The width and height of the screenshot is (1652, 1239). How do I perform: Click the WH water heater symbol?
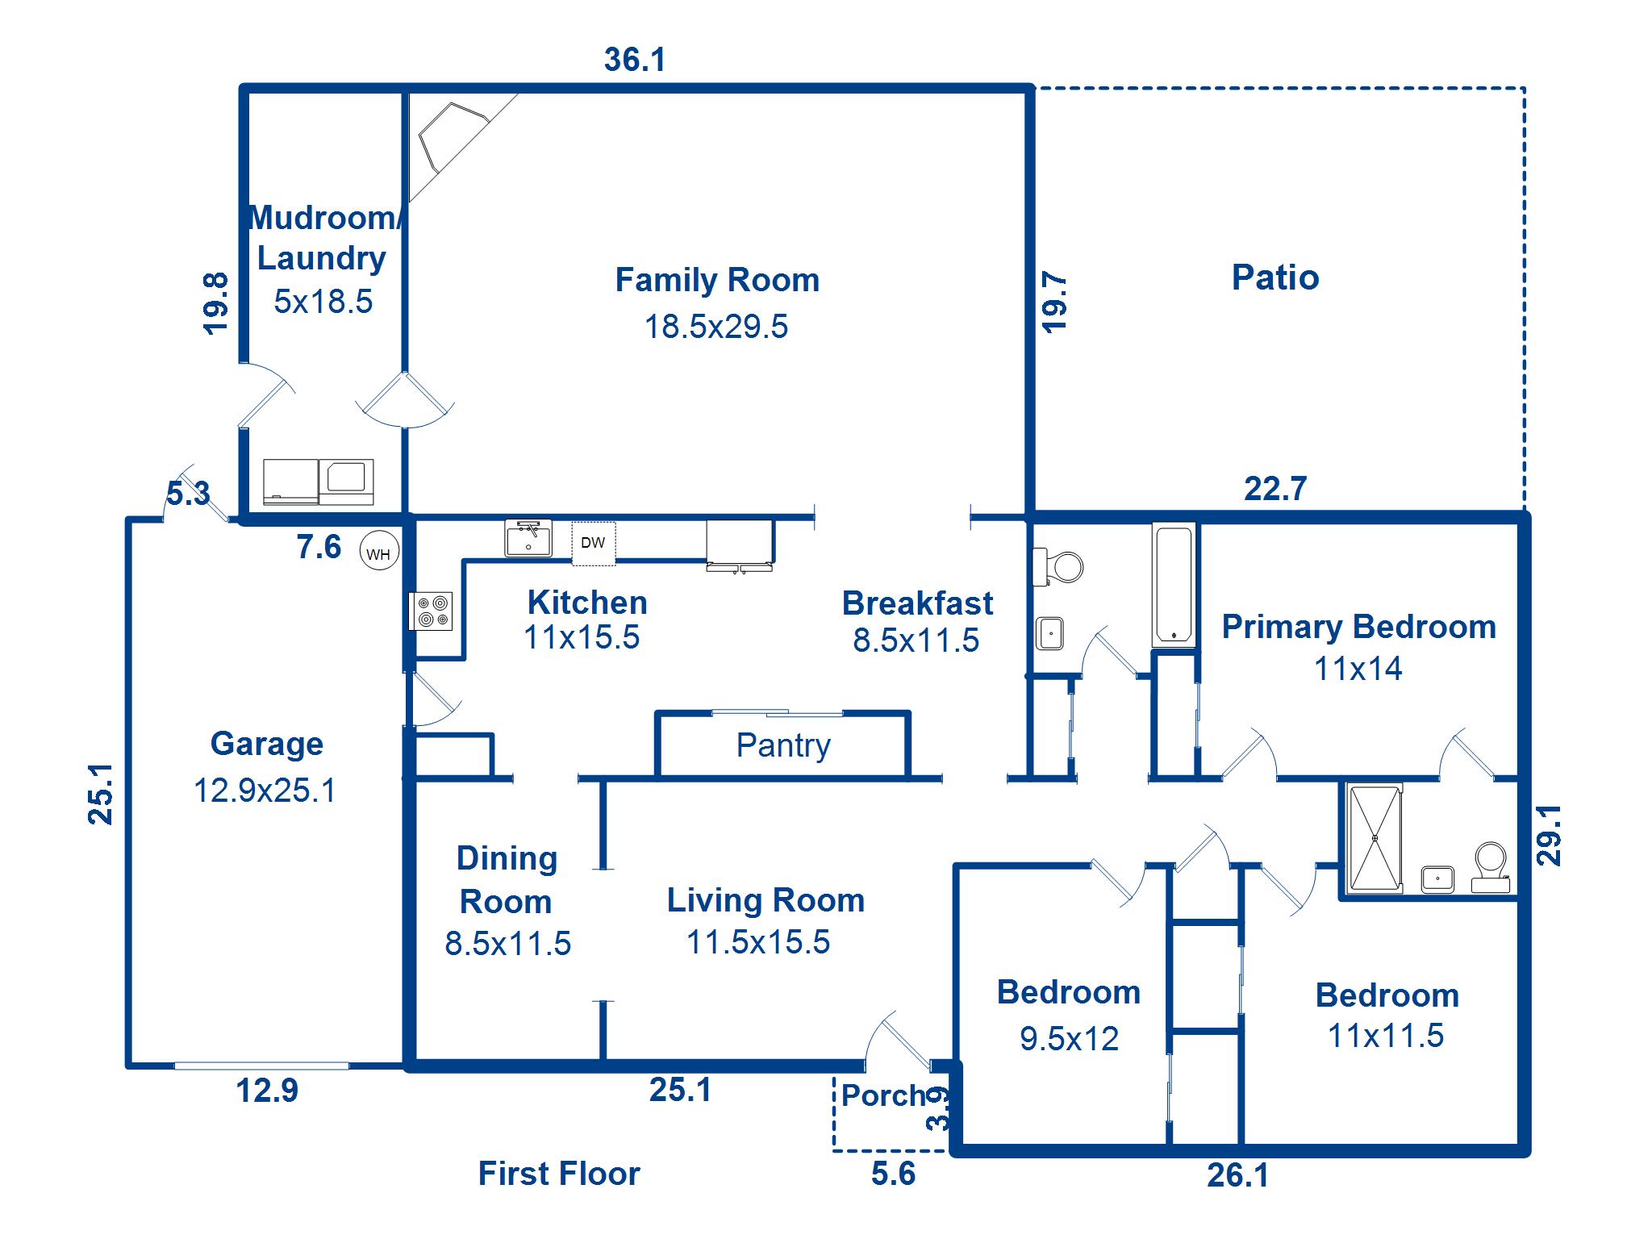pyautogui.click(x=378, y=553)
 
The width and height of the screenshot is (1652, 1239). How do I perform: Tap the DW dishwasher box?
pyautogui.click(x=594, y=543)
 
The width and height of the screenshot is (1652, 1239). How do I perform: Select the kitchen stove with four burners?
pyautogui.click(x=431, y=611)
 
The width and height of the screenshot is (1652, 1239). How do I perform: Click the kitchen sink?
pyautogui.click(x=528, y=539)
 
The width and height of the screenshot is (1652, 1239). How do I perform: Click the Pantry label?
pyautogui.click(x=783, y=745)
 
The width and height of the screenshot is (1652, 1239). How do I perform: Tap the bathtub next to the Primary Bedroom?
pyautogui.click(x=1174, y=585)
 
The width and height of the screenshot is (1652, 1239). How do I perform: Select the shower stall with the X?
pyautogui.click(x=1375, y=838)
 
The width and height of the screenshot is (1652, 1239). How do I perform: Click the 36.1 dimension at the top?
pyautogui.click(x=635, y=60)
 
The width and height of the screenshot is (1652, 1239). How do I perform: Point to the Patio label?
pyautogui.click(x=1275, y=277)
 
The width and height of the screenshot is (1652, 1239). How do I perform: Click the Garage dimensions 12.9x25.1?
pyautogui.click(x=265, y=791)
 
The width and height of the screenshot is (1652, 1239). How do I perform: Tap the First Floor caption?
pyautogui.click(x=559, y=1174)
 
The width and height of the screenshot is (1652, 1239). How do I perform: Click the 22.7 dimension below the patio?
pyautogui.click(x=1275, y=489)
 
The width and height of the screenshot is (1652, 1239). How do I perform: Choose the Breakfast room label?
pyautogui.click(x=918, y=603)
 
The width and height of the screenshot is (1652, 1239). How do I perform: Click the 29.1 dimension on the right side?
pyautogui.click(x=1550, y=836)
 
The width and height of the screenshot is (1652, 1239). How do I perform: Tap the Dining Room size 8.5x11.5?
pyautogui.click(x=508, y=944)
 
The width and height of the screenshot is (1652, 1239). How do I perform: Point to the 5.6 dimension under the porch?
pyautogui.click(x=894, y=1174)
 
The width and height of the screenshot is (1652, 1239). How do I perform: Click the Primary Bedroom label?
pyautogui.click(x=1359, y=627)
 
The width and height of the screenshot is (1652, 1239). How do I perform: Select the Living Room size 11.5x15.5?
pyautogui.click(x=758, y=942)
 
